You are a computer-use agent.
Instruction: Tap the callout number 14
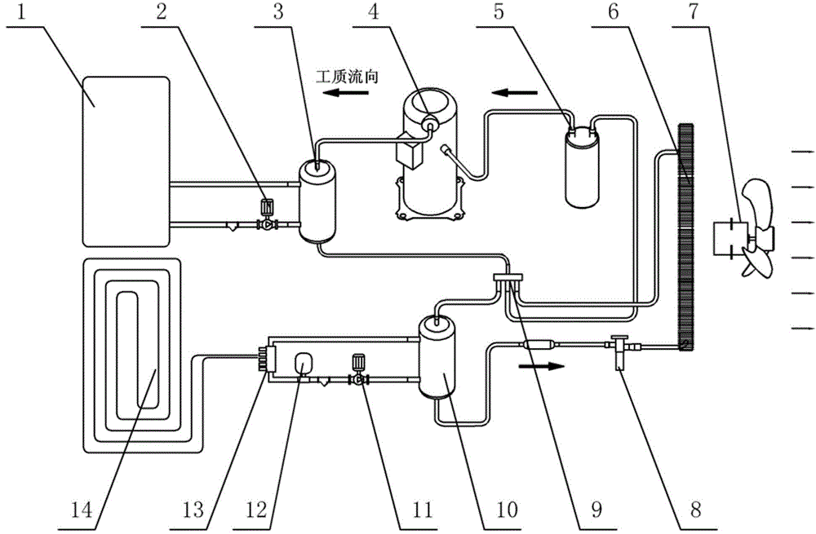tap(81, 510)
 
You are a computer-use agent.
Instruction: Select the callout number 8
tap(695, 510)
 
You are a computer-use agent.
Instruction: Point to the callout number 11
tap(422, 510)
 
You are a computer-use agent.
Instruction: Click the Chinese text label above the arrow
tap(347, 77)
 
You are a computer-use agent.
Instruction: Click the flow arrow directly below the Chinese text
tap(345, 93)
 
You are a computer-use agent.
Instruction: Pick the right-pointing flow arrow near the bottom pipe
tap(541, 367)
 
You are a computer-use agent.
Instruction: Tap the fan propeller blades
tap(758, 227)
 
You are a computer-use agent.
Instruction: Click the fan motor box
tap(729, 239)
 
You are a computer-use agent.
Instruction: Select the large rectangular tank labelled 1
tap(126, 161)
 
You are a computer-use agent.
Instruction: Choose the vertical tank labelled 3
tap(316, 201)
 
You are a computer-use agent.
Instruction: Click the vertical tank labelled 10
tap(438, 358)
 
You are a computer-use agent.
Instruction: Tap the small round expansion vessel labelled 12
tap(302, 364)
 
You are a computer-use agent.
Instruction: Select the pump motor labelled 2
tap(267, 207)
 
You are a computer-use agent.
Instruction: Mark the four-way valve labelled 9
tap(508, 278)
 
